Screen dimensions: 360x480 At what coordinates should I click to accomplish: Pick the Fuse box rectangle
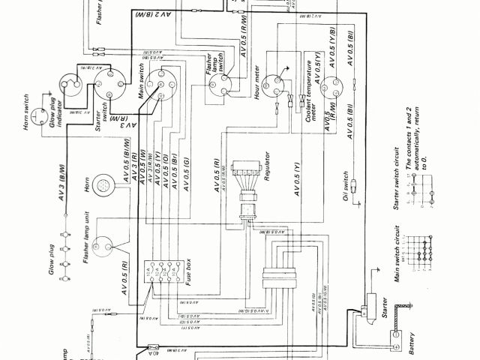(166, 272)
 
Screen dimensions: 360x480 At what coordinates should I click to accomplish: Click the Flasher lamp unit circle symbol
(104, 244)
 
